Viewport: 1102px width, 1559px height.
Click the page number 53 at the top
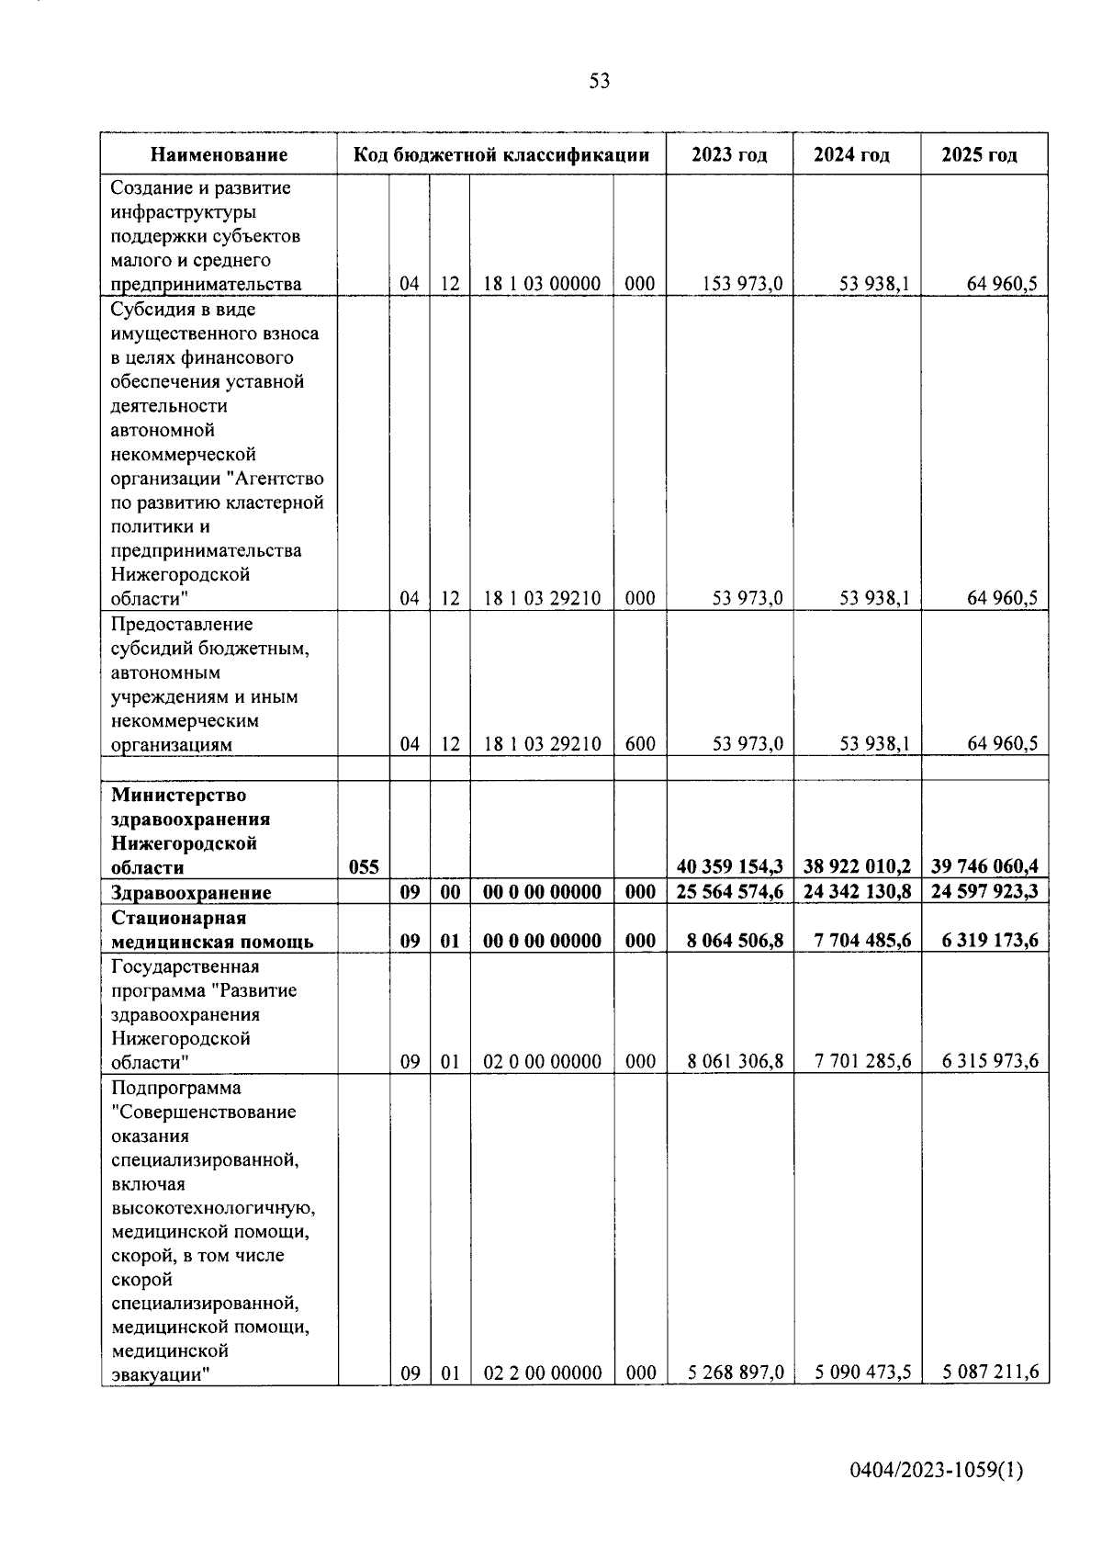(599, 82)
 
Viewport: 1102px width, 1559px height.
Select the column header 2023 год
(729, 155)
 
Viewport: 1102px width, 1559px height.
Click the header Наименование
(219, 155)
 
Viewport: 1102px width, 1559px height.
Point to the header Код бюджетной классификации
(501, 155)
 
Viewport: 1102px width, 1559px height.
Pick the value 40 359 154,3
(729, 866)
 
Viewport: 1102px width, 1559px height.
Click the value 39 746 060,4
(984, 866)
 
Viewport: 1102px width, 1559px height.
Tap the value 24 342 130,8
(857, 892)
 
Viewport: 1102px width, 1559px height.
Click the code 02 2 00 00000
(542, 1373)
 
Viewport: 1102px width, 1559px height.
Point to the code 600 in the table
(640, 744)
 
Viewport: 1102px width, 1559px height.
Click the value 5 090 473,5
(862, 1373)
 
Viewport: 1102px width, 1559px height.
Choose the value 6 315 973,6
(990, 1061)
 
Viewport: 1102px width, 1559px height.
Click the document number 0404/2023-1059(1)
(936, 1470)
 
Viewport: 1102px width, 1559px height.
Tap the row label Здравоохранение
(191, 893)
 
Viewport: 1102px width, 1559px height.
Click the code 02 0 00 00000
(542, 1061)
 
